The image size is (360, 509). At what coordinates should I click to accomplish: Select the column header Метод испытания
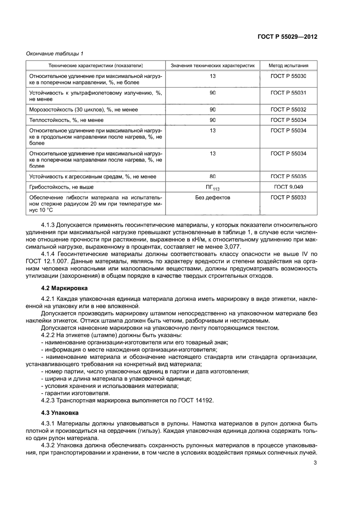coord(288,66)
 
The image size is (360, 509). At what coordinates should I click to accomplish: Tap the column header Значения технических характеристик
coord(212,66)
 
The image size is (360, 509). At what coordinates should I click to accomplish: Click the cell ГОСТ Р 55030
coord(288,76)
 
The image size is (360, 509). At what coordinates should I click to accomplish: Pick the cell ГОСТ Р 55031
coord(288,93)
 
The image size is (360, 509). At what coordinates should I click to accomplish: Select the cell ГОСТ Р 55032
coord(288,109)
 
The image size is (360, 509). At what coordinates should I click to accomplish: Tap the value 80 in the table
coord(212,176)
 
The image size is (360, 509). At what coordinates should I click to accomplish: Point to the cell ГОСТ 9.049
coord(288,187)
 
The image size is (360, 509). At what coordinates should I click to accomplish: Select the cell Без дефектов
coord(212,198)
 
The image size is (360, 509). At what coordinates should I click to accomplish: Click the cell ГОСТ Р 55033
coord(288,198)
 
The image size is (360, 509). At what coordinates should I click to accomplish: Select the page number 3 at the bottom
coord(315,462)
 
